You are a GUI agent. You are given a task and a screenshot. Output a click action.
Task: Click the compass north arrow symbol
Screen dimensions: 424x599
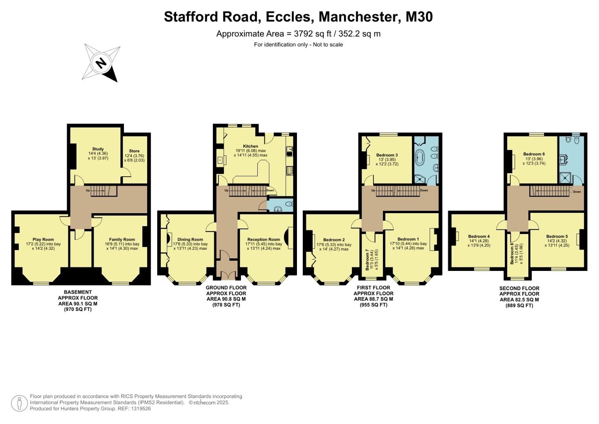coord(102,63)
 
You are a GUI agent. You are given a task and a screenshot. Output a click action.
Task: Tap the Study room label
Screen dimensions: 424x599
coord(98,149)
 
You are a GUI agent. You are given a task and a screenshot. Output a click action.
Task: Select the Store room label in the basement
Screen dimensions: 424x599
coord(134,151)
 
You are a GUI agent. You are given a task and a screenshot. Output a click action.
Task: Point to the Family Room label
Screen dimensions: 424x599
coord(122,239)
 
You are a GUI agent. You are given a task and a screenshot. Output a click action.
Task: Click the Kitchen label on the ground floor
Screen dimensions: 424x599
coord(250,146)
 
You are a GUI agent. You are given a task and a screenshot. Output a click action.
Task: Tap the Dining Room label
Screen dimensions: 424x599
coord(190,239)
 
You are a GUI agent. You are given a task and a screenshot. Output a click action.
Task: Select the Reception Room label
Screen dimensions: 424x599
coord(264,239)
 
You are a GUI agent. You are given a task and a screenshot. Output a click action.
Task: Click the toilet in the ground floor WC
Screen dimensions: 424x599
coord(289,204)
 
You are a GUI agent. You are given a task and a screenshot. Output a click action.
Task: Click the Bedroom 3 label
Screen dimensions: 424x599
coord(387,155)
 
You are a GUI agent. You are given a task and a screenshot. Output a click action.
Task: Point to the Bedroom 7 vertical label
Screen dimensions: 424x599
coord(367,260)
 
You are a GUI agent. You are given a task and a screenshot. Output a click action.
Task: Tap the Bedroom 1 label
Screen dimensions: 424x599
coord(408,239)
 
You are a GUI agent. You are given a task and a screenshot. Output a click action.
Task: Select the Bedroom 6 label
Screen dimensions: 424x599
coord(534,154)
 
